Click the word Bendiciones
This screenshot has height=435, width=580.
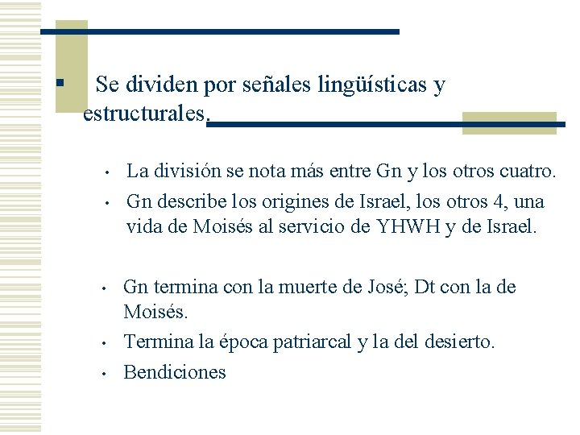click(174, 372)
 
